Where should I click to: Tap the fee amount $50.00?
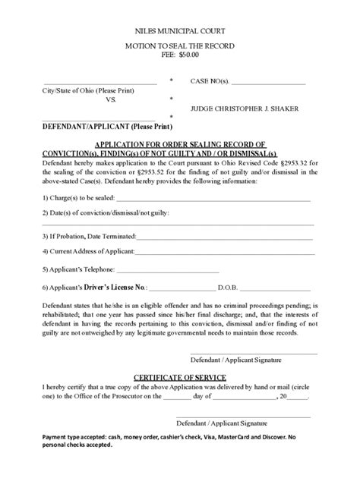coord(188,55)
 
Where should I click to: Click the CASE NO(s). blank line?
coord(271,81)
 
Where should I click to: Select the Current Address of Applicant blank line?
coord(224,251)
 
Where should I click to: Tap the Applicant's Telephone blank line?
coord(169,269)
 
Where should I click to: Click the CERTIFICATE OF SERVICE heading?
coord(179,376)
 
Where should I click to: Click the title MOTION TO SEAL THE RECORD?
coord(179,46)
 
